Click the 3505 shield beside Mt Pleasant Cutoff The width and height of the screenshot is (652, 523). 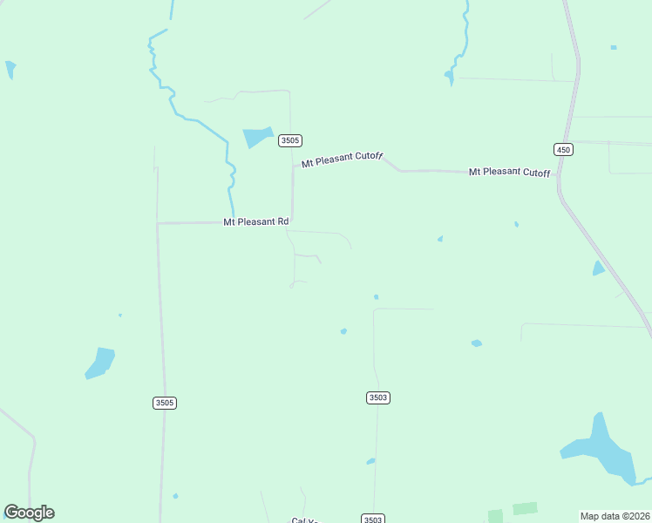pos(290,140)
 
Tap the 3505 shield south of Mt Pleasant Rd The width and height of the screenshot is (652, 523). pos(165,403)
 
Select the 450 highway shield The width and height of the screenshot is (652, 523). pos(563,150)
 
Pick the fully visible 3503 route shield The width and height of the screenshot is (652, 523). pos(377,397)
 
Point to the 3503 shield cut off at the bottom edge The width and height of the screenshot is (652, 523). pos(373,519)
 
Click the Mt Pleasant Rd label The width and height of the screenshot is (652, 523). pos(255,222)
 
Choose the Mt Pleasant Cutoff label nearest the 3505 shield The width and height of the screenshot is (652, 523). pos(342,160)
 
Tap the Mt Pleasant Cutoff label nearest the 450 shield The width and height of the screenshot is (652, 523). pos(509,172)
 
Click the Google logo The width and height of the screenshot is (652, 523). pos(29,513)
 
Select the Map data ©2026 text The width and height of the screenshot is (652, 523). pos(615,516)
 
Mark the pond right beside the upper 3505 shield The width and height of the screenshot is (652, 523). pos(257,137)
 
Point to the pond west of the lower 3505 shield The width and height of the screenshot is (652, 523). pos(100,363)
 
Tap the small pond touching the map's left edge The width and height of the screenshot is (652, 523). pos(10,69)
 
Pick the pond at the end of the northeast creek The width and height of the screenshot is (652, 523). pos(450,78)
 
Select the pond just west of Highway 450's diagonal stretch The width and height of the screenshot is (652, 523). pos(598,268)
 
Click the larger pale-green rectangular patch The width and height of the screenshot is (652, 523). pos(525,508)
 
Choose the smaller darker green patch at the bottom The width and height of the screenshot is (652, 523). pos(495,516)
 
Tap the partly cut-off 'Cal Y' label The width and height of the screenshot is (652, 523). pos(304,520)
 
